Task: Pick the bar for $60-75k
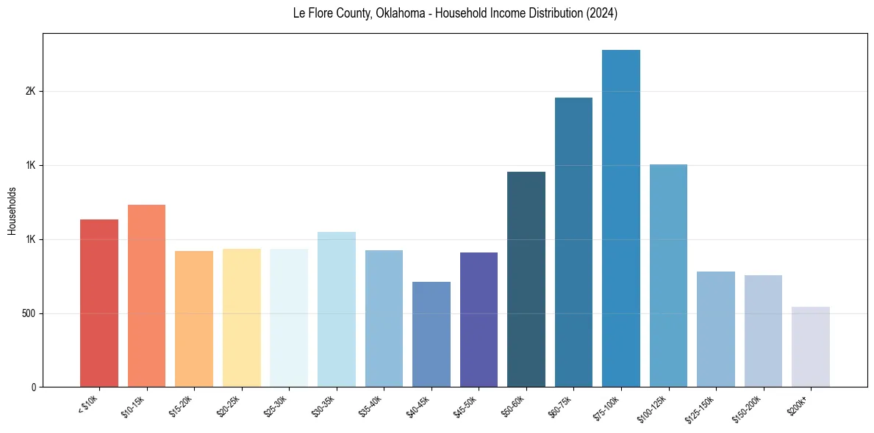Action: [x=573, y=242]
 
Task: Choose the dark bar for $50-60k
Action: [x=526, y=279]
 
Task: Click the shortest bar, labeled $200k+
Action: [x=811, y=346]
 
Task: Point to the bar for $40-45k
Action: [x=431, y=334]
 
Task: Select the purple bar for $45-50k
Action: [x=479, y=319]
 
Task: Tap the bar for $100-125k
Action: [x=668, y=275]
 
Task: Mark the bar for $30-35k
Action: [x=337, y=309]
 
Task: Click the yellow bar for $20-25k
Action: [x=242, y=318]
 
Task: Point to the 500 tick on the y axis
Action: [x=27, y=313]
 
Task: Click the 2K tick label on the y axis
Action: [x=30, y=92]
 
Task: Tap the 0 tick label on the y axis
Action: [x=33, y=387]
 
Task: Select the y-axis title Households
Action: [x=12, y=211]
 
